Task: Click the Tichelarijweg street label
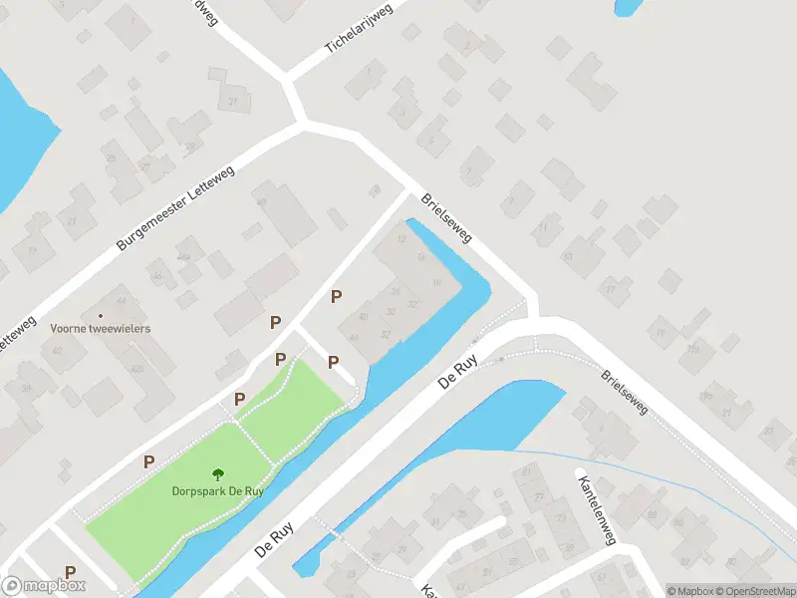click(x=360, y=28)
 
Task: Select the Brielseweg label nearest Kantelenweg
click(x=626, y=392)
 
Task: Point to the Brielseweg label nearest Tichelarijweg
click(x=445, y=219)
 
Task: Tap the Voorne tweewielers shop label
click(x=100, y=327)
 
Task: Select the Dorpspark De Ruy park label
click(x=218, y=490)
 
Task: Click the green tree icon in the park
click(x=218, y=474)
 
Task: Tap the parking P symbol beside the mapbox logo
click(x=70, y=572)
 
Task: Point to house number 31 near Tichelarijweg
click(x=234, y=103)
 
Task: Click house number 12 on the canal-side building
click(x=402, y=239)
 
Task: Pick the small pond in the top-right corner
click(x=629, y=7)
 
